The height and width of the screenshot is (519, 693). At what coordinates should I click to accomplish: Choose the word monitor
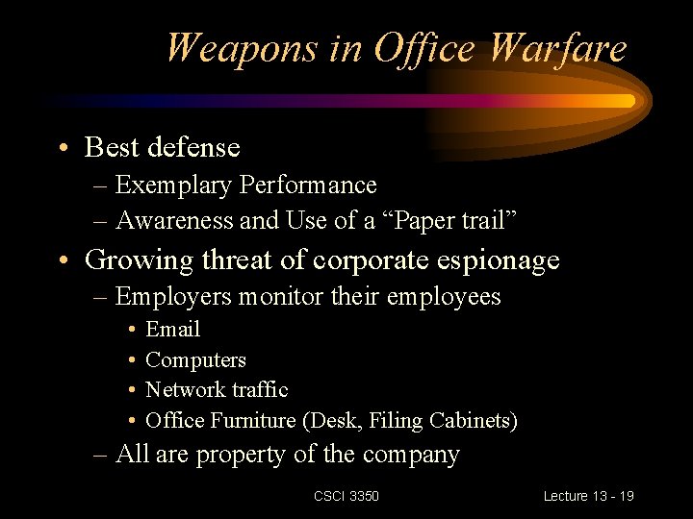click(x=280, y=296)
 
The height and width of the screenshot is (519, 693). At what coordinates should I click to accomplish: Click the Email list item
click(x=172, y=330)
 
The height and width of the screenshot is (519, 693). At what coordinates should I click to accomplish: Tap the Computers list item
click(x=195, y=360)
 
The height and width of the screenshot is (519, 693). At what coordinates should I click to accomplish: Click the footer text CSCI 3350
click(x=346, y=496)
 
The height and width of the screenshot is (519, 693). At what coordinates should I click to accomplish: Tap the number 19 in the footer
click(x=627, y=496)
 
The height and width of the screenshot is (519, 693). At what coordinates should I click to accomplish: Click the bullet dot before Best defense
click(x=62, y=148)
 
